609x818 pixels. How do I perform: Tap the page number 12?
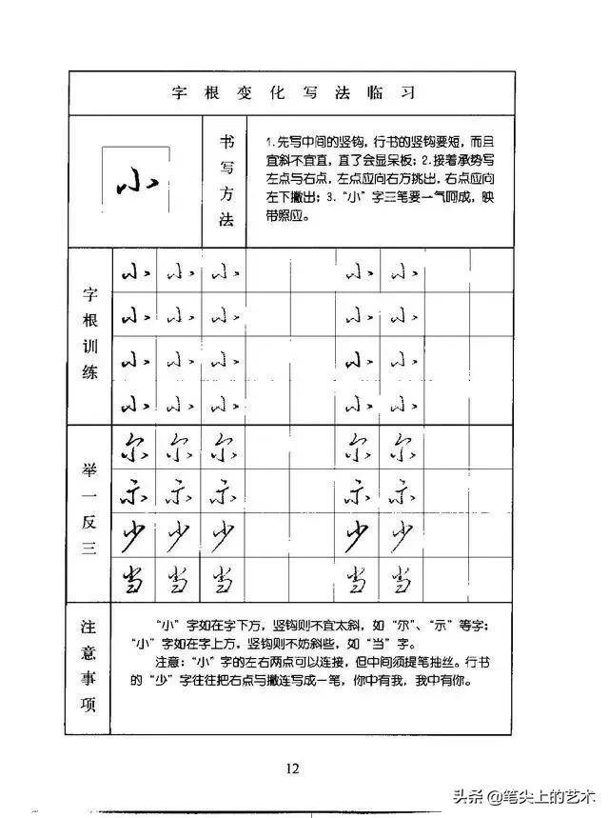pos(292,769)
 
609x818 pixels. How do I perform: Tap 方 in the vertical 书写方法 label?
pos(226,193)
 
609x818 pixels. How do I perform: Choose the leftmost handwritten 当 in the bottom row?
pos(132,579)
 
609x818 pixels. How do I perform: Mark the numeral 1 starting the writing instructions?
pos(268,142)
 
